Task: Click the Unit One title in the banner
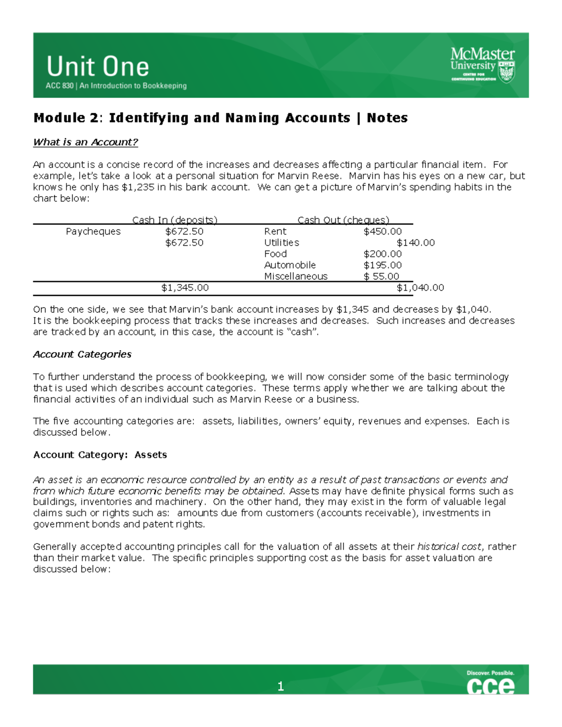[x=98, y=66]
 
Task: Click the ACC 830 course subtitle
[x=116, y=86]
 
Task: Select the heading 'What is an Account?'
[x=85, y=142]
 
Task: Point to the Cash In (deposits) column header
[x=175, y=220]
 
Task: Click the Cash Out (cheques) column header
[x=343, y=220]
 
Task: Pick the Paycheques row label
[x=93, y=232]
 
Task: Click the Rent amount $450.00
[x=383, y=232]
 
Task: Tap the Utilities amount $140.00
[x=415, y=243]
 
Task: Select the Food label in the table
[x=275, y=254]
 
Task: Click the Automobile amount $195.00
[x=383, y=265]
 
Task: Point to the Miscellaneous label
[x=296, y=277]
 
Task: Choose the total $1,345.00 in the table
[x=185, y=288]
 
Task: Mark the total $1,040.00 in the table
[x=420, y=288]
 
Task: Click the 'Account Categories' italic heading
[x=82, y=354]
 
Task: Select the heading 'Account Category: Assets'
[x=100, y=455]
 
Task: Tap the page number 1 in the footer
[x=281, y=687]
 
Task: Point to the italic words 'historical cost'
[x=449, y=547]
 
